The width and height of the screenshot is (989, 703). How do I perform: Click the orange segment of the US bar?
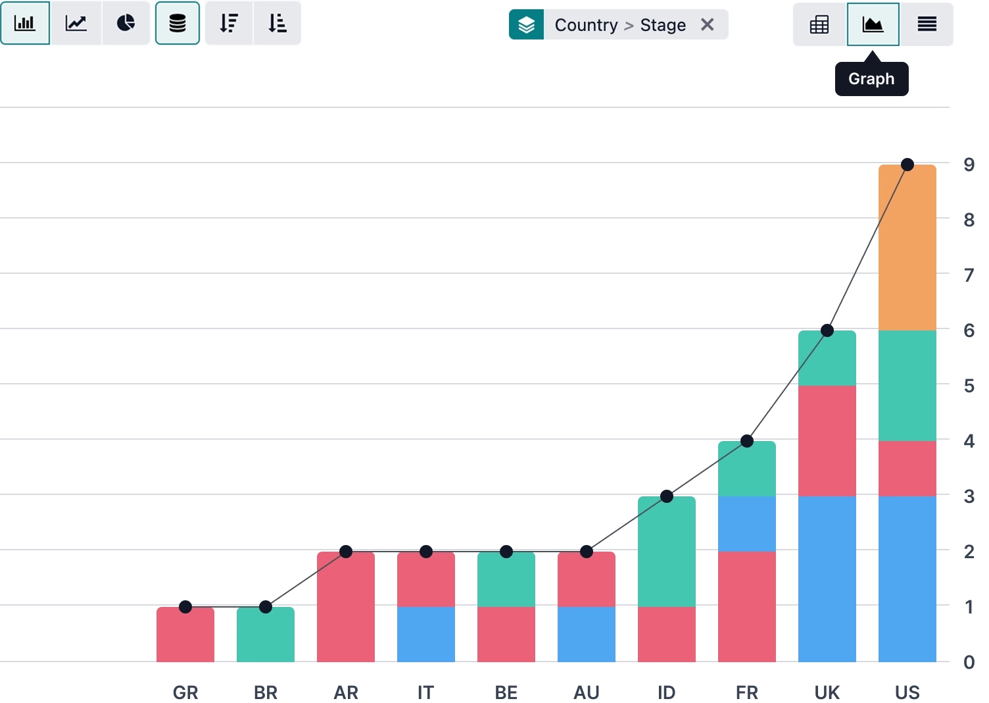click(x=907, y=248)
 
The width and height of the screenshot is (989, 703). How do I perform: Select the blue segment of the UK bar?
click(x=827, y=579)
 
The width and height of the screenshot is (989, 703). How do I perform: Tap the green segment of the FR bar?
click(x=746, y=469)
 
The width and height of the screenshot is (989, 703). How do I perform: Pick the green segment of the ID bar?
click(x=666, y=552)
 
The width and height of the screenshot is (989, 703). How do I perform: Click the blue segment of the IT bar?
click(x=425, y=634)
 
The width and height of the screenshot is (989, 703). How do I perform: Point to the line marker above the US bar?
click(x=907, y=165)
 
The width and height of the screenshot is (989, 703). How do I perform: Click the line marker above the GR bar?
click(x=185, y=607)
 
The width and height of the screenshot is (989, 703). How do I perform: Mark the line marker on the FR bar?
click(x=747, y=441)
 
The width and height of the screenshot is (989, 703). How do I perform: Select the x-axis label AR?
click(x=346, y=692)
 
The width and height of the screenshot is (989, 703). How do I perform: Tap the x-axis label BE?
click(x=506, y=692)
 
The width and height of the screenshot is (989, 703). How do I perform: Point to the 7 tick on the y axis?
click(x=969, y=275)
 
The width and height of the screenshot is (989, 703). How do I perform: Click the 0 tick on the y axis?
click(x=969, y=662)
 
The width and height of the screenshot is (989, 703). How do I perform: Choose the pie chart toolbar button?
click(x=126, y=23)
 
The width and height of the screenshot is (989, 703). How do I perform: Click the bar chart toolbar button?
click(x=25, y=23)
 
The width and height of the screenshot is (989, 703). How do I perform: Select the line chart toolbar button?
click(x=76, y=23)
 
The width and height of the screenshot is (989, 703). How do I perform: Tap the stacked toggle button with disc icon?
click(x=178, y=23)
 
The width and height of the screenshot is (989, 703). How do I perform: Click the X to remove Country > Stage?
click(x=708, y=25)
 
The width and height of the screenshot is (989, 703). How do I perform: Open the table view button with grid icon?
click(x=819, y=25)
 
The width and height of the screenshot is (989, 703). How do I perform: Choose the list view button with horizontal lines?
click(x=927, y=25)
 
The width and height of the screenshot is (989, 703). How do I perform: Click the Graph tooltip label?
click(x=871, y=79)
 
